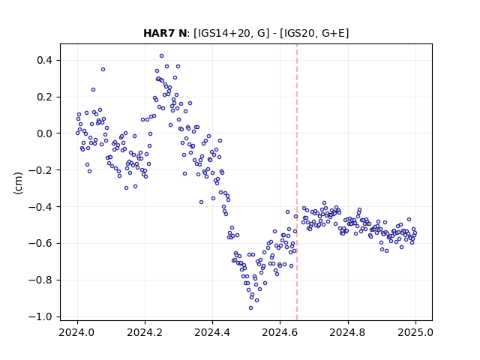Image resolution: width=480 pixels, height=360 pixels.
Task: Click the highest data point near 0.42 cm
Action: coord(162,56)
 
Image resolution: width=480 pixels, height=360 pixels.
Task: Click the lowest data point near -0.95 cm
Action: coord(250,308)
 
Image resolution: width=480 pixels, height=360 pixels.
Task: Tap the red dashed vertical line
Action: coord(297,182)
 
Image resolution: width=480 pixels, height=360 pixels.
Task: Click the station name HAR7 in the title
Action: coord(159,33)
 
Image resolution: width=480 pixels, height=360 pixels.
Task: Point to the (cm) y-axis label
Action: coord(18,183)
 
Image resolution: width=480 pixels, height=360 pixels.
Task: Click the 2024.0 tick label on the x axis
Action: coord(77,332)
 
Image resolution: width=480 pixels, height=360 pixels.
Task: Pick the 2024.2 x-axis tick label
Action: coord(145,332)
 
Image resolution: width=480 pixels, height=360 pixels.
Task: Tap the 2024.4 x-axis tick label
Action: coord(212,332)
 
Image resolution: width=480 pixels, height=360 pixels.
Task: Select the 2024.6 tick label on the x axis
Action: coord(280,332)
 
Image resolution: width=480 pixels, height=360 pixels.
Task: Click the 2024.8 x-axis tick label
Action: coord(348,332)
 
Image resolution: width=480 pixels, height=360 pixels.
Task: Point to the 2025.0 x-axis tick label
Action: coord(415,332)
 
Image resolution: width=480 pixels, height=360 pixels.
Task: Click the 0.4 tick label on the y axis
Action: coord(44,60)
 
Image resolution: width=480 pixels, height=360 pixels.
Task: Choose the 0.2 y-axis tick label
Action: coord(44,97)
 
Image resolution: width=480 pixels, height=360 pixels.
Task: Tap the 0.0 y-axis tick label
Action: coord(44,133)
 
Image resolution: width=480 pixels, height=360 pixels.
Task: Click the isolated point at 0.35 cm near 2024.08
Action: coord(103,70)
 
